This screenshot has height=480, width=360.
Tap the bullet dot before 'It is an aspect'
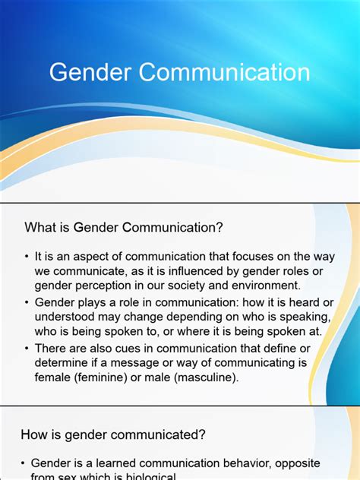[x=26, y=257]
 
